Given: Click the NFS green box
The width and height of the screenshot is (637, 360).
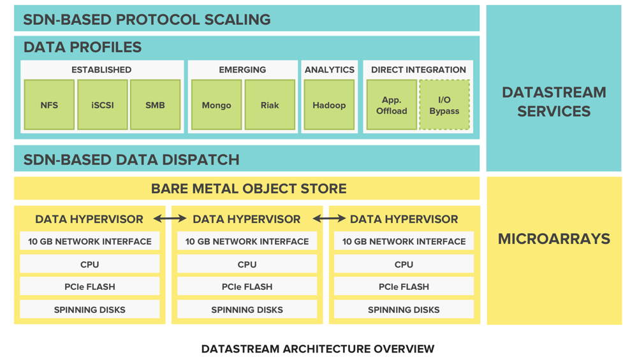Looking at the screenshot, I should [49, 104].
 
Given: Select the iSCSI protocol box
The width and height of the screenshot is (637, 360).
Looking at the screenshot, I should [102, 104].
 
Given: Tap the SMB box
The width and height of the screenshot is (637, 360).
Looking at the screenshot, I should [155, 104].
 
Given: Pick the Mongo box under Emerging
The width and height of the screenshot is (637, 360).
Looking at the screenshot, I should [216, 104].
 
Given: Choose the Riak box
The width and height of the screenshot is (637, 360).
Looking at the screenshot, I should [270, 104].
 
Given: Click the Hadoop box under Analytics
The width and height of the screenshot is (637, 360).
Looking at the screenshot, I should [329, 104].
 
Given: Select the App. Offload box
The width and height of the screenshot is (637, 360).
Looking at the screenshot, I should [392, 104].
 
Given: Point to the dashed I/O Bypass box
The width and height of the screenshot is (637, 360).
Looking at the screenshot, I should [444, 104].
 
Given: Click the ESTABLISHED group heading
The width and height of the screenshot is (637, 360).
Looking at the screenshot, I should [101, 69].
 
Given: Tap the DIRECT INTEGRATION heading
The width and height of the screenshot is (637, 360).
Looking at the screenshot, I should [418, 69].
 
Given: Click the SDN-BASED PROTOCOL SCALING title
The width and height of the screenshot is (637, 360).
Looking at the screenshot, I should [147, 20].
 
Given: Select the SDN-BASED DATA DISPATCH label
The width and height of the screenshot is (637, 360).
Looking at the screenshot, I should [131, 159].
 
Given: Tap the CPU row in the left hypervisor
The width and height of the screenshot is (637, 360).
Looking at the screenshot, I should [90, 264].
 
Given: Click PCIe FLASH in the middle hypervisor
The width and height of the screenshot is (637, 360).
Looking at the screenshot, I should [247, 287].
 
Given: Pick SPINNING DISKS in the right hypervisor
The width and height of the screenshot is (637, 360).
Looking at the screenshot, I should [404, 310].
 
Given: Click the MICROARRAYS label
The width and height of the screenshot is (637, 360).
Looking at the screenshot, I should [553, 239].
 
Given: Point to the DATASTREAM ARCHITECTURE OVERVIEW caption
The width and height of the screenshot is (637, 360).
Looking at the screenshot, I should [318, 349].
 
